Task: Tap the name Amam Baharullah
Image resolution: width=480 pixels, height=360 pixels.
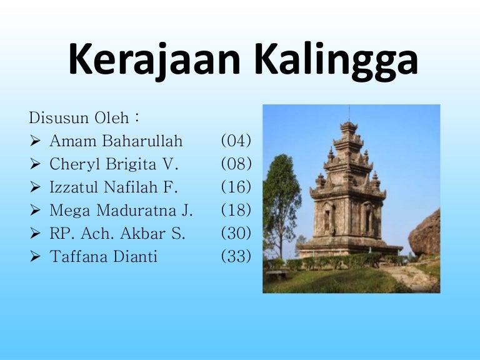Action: point(116,141)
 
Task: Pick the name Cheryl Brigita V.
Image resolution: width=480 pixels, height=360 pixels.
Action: point(114,164)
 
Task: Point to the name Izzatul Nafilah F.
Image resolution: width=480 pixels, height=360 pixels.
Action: point(114,187)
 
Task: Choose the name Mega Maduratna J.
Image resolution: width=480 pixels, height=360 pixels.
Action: point(121,210)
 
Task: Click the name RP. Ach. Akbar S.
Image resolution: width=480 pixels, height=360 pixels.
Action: point(117,233)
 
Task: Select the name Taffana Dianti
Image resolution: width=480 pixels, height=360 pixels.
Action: point(103,256)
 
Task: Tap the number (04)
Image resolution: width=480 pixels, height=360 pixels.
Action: point(236,141)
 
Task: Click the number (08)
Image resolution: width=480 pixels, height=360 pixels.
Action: point(236,164)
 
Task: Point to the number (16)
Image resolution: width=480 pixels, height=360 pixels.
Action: point(236,187)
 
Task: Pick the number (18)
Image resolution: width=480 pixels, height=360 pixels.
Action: point(236,210)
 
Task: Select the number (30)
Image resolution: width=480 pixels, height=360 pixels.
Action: point(236,233)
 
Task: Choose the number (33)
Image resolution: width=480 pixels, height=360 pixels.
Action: point(236,256)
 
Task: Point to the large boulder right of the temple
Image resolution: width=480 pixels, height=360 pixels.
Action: point(426,234)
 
